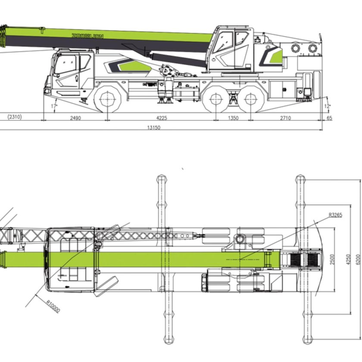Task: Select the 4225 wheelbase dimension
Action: pyautogui.click(x=161, y=118)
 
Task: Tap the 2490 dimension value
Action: pyautogui.click(x=75, y=118)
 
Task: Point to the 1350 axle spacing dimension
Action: pyautogui.click(x=233, y=118)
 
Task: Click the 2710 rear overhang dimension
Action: pyautogui.click(x=285, y=118)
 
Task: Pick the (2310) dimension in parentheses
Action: pyautogui.click(x=15, y=117)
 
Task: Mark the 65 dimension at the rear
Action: pyautogui.click(x=330, y=118)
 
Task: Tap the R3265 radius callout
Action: pyautogui.click(x=335, y=215)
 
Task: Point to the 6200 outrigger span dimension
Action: pyautogui.click(x=357, y=259)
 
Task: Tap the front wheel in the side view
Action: pyautogui.click(x=107, y=100)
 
